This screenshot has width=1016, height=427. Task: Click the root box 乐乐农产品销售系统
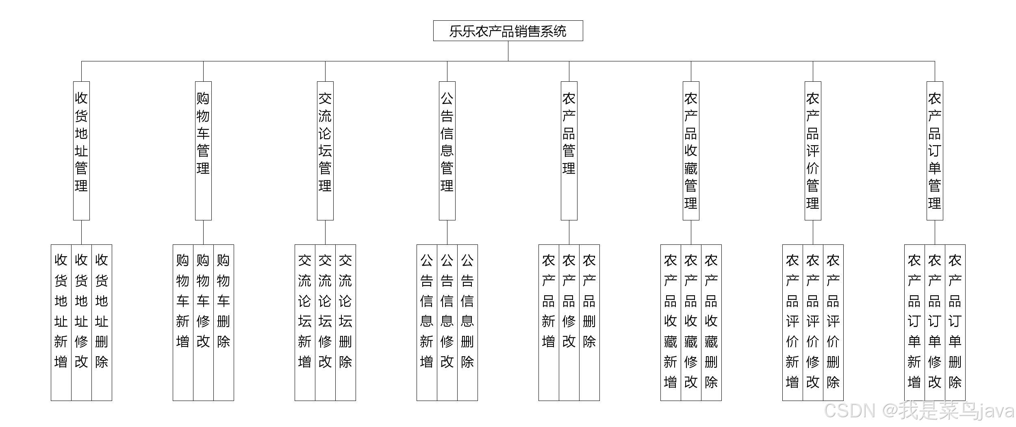coord(508,31)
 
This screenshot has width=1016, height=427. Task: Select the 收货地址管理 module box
coord(81,150)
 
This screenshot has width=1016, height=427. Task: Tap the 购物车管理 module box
coord(203,150)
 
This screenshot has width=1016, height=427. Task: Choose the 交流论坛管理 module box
coord(325,150)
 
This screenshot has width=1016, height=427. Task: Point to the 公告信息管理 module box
coord(447,150)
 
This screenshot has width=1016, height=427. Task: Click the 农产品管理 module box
coord(569,150)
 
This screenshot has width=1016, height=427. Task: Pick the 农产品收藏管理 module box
coord(691,150)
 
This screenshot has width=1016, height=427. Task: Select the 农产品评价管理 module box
coord(813,150)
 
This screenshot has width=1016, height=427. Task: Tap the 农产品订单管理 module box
coord(935,150)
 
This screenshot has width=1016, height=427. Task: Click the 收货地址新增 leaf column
coord(61,321)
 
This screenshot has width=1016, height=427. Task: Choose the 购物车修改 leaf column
coord(203,321)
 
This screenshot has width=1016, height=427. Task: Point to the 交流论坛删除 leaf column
coord(345,321)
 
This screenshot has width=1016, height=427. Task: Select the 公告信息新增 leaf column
coord(427,321)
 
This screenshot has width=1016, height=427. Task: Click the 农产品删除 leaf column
coord(589,321)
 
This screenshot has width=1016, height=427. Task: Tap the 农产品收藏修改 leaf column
coord(691,321)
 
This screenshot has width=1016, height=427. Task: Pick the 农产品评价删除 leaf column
coord(833,321)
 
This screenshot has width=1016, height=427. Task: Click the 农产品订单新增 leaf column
coord(914,321)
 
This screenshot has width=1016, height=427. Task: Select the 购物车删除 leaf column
coord(224,321)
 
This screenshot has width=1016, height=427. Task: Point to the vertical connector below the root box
coord(508,51)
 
